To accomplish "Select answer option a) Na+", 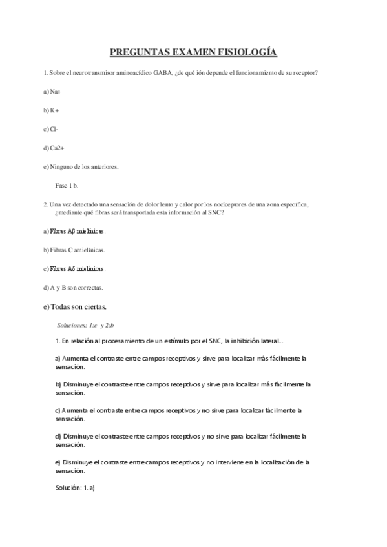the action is (x=52, y=92).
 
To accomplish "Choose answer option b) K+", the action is (x=51, y=110).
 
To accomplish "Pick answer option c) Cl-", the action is (x=50, y=129).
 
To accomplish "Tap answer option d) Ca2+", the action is (x=53, y=148).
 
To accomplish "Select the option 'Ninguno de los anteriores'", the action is (x=81, y=166).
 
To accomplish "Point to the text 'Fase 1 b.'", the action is (x=67, y=185).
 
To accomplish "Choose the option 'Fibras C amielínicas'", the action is (x=74, y=250).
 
